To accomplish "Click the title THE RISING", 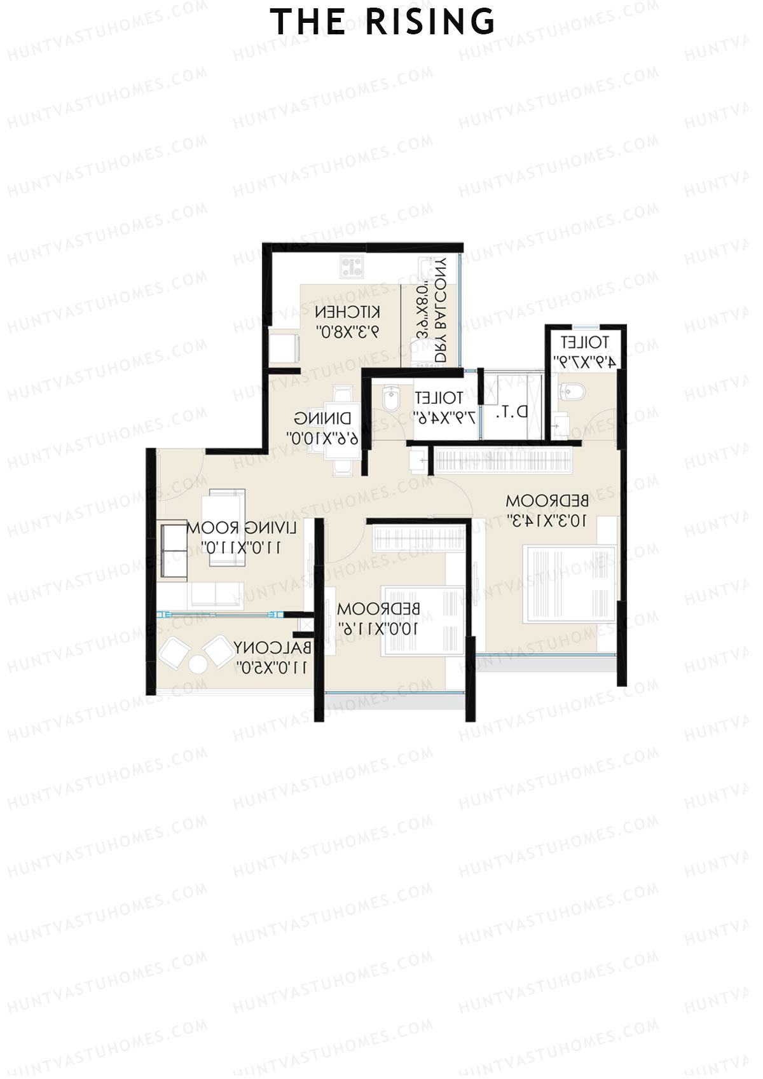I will [x=382, y=22].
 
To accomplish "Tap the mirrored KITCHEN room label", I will [x=348, y=312].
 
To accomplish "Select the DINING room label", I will [x=323, y=418].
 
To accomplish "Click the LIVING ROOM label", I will [x=242, y=528].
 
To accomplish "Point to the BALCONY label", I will [x=273, y=649].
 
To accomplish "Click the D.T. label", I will [x=512, y=412].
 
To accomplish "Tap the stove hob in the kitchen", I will [x=351, y=266].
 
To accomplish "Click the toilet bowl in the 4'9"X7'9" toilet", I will [x=572, y=392].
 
